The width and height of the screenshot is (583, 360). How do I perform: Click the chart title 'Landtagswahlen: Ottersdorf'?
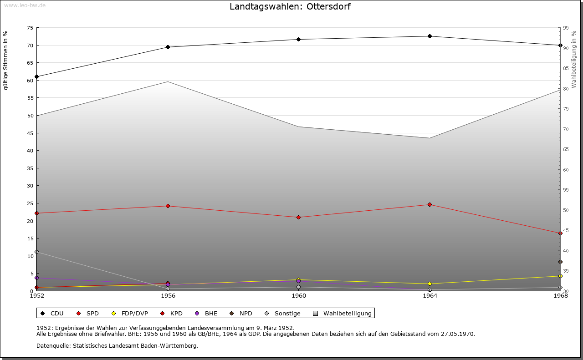pyautogui.click(x=290, y=7)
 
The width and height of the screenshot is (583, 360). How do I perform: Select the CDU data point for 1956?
pyautogui.click(x=168, y=47)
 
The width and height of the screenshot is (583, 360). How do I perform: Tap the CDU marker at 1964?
pyautogui.click(x=430, y=36)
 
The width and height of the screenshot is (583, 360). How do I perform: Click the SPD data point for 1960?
pyautogui.click(x=299, y=217)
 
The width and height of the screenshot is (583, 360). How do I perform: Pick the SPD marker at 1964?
pyautogui.click(x=430, y=204)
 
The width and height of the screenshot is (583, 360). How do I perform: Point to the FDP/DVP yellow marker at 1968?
pyautogui.click(x=560, y=276)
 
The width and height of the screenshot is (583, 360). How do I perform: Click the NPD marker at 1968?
pyautogui.click(x=560, y=262)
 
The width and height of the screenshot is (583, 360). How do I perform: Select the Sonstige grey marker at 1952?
pyautogui.click(x=37, y=252)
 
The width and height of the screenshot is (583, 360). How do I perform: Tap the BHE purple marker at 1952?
pyautogui.click(x=37, y=278)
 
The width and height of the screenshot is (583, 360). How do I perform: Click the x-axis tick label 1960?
pyautogui.click(x=299, y=296)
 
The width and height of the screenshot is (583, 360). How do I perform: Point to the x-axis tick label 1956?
pyautogui.click(x=168, y=296)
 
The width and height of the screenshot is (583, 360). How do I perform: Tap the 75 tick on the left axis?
pyautogui.click(x=30, y=28)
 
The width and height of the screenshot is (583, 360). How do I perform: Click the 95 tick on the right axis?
pyautogui.click(x=566, y=28)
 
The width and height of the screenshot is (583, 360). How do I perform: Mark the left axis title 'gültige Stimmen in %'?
pyautogui.click(x=6, y=61)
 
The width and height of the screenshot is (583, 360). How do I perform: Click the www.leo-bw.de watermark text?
pyautogui.click(x=25, y=5)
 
